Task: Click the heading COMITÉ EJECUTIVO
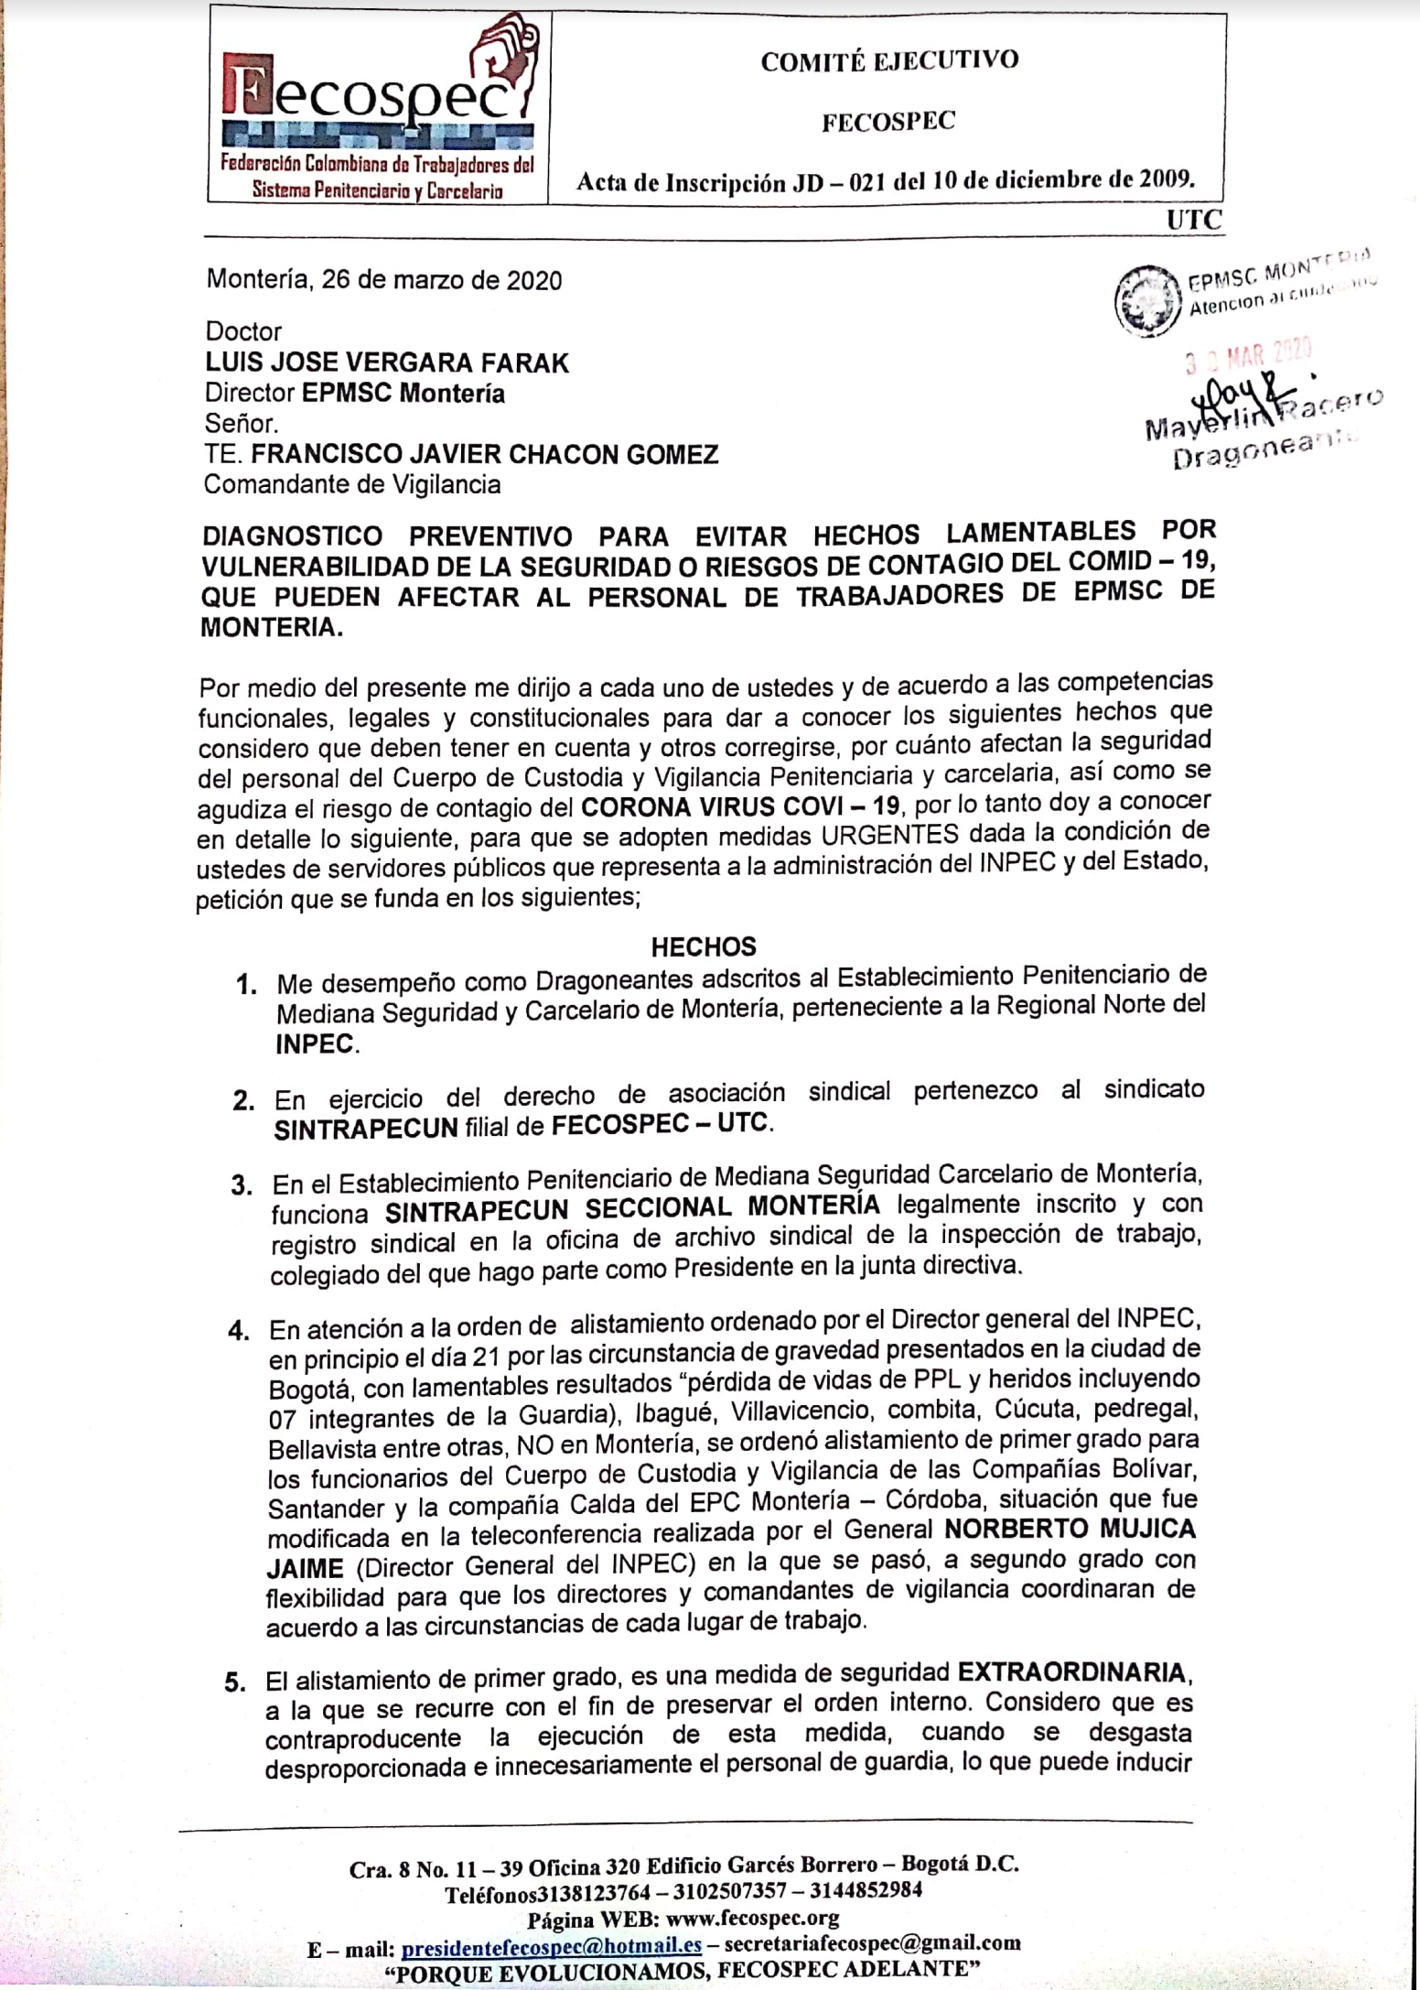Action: click(888, 61)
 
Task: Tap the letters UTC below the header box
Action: click(1193, 220)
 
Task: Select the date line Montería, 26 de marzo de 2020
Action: click(384, 279)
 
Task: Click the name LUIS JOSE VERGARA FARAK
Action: click(387, 363)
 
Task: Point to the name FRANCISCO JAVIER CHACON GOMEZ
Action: click(484, 454)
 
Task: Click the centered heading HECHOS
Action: click(704, 946)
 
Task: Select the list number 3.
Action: click(242, 1185)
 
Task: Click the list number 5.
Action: click(235, 1682)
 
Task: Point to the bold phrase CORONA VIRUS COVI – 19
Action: click(740, 806)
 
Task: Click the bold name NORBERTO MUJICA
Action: click(1070, 1530)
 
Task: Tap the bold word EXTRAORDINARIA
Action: click(1072, 1672)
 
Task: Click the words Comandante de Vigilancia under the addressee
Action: click(352, 484)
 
